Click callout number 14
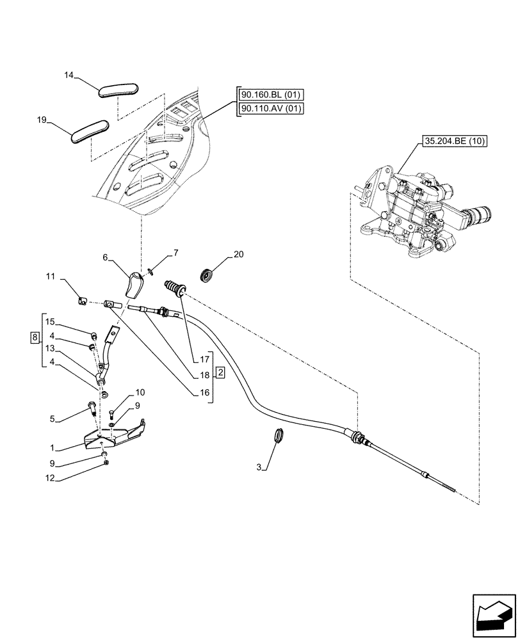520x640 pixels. (70, 76)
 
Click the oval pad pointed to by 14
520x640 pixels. (118, 88)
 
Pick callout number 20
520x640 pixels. (238, 254)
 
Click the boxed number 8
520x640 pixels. (35, 336)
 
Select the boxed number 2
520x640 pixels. (219, 372)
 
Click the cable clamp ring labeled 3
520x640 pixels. (278, 435)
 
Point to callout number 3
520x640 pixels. (259, 468)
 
